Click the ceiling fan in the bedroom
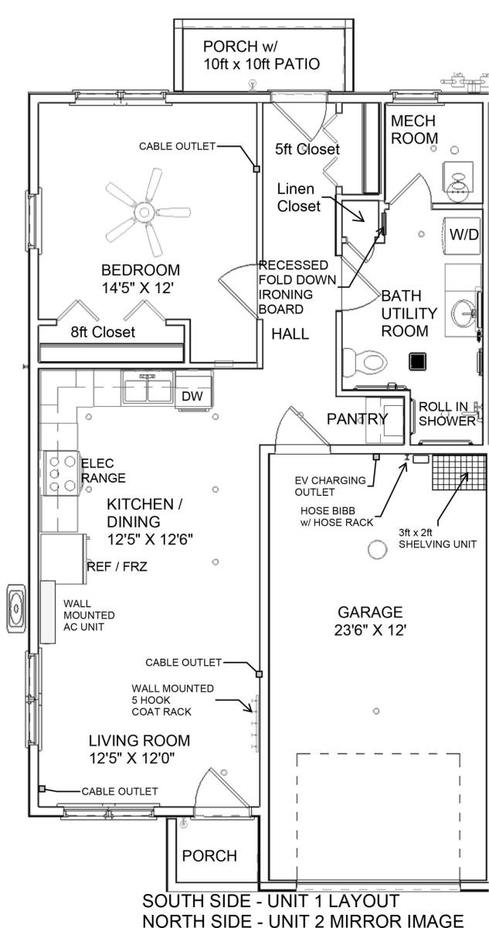coord(144,212)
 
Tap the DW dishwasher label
coord(192,396)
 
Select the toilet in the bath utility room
coord(365,362)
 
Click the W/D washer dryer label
coord(464,234)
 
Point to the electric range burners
coord(62,473)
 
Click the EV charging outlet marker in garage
coord(376,456)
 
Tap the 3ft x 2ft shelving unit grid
coord(459,473)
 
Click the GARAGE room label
coord(370,612)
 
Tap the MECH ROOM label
coord(414,130)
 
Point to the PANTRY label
coord(358,419)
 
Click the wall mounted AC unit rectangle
coord(48,612)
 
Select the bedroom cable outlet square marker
coord(256,169)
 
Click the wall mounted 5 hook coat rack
coord(255,723)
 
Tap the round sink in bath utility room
coord(463,314)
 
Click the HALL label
coord(290,334)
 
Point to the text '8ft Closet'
coord(103,332)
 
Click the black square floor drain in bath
coord(417,361)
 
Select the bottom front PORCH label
coord(209,855)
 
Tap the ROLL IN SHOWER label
coord(447,414)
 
